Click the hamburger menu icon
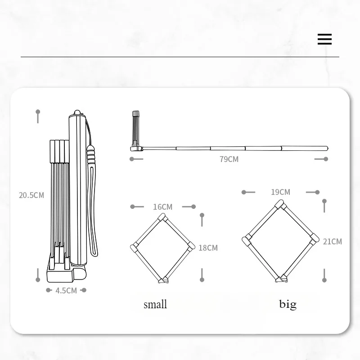[324, 39]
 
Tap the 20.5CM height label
[31, 195]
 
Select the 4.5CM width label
[66, 290]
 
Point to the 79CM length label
[229, 159]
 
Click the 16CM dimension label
[162, 207]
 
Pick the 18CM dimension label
[208, 248]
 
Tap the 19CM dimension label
[280, 192]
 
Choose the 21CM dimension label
[333, 242]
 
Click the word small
[155, 305]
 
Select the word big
[288, 305]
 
